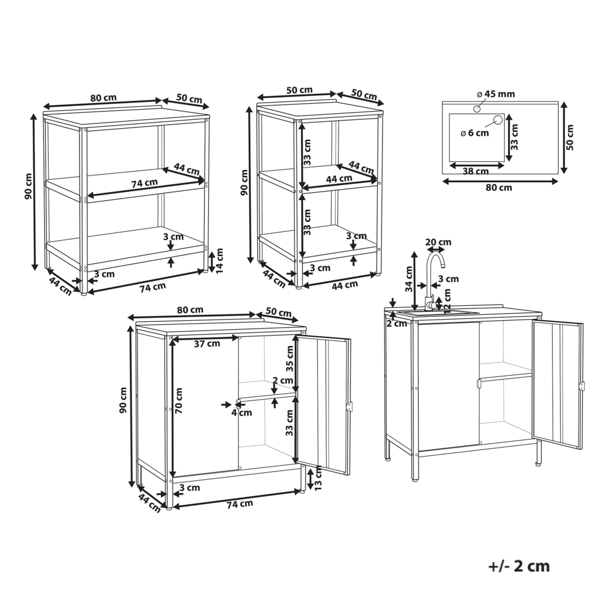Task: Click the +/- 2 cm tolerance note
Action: tap(519, 566)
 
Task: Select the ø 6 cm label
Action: tap(474, 133)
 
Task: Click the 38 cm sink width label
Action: tap(474, 171)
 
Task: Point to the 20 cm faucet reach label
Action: tap(439, 242)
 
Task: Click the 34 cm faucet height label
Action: tap(409, 276)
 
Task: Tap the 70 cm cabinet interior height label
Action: tap(179, 400)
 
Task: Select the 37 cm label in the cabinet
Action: tap(208, 343)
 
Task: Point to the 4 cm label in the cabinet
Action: tap(237, 412)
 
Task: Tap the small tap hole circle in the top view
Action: tap(476, 109)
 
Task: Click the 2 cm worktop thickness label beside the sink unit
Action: tap(396, 324)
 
